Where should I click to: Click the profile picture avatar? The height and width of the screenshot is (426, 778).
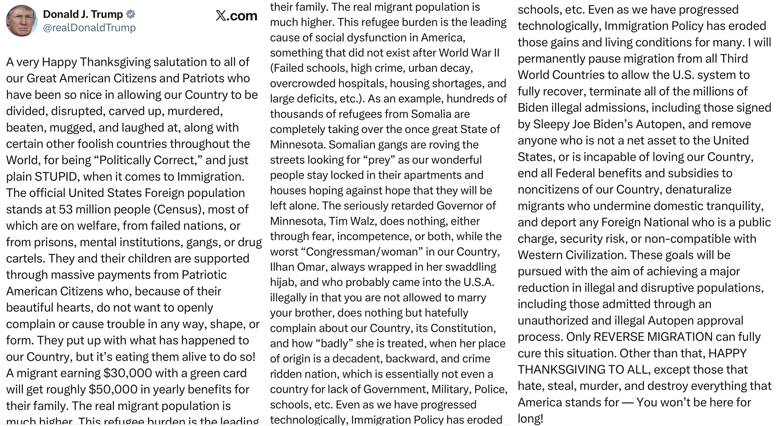click(x=21, y=21)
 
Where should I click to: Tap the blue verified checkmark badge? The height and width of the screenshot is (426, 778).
click(x=130, y=14)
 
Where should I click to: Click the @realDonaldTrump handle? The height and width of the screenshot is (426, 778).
click(x=89, y=28)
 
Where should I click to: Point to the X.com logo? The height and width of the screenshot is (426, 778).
click(x=236, y=16)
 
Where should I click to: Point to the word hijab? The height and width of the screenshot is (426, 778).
click(x=282, y=282)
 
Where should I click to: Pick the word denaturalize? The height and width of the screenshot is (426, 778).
click(x=698, y=190)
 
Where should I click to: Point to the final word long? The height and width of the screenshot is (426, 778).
click(x=530, y=419)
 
